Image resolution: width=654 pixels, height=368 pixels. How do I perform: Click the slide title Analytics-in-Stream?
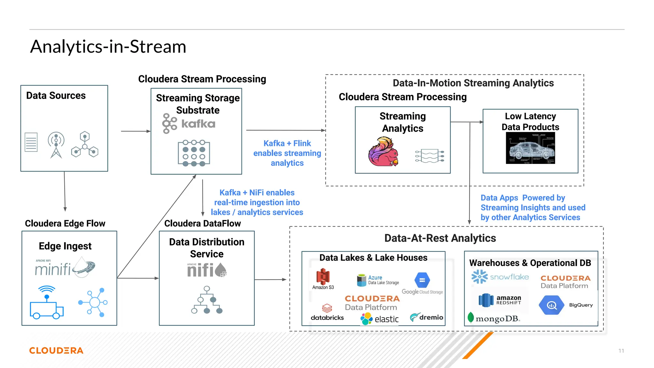click(x=108, y=47)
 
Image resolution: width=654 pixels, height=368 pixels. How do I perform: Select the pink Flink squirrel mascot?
click(x=383, y=152)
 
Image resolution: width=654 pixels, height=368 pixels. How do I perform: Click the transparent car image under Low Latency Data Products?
click(x=530, y=148)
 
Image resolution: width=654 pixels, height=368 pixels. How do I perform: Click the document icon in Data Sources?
click(x=31, y=142)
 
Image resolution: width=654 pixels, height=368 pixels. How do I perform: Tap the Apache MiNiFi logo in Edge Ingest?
click(x=65, y=268)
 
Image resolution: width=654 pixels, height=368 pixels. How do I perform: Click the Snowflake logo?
click(x=500, y=277)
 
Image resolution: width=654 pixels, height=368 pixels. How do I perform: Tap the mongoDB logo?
click(x=494, y=318)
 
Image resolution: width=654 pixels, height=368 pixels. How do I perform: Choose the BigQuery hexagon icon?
click(x=551, y=305)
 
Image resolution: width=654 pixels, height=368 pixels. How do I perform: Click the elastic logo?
click(x=379, y=319)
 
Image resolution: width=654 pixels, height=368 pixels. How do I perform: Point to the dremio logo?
click(x=426, y=317)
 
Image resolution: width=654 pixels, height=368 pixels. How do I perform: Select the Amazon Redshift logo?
click(x=500, y=300)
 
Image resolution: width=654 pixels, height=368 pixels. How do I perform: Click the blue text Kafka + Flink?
click(x=287, y=143)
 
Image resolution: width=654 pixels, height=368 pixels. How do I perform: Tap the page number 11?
click(x=621, y=351)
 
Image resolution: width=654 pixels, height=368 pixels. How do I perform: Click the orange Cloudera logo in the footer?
click(x=56, y=350)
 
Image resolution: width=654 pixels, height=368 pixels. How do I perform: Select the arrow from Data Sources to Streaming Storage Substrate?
click(x=135, y=131)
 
